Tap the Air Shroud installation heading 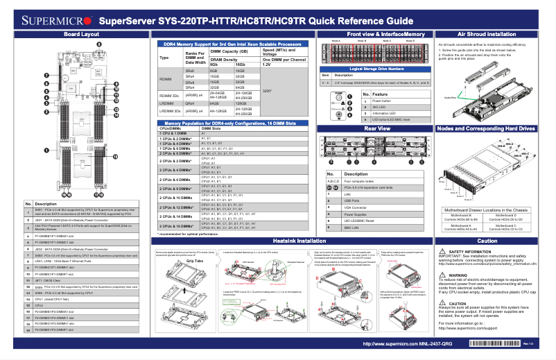(x=487, y=33)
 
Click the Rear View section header (x=376, y=128)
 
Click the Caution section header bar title (x=487, y=239)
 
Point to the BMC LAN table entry (x=353, y=228)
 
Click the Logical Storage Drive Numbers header (x=376, y=69)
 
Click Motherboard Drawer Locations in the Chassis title (x=487, y=209)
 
